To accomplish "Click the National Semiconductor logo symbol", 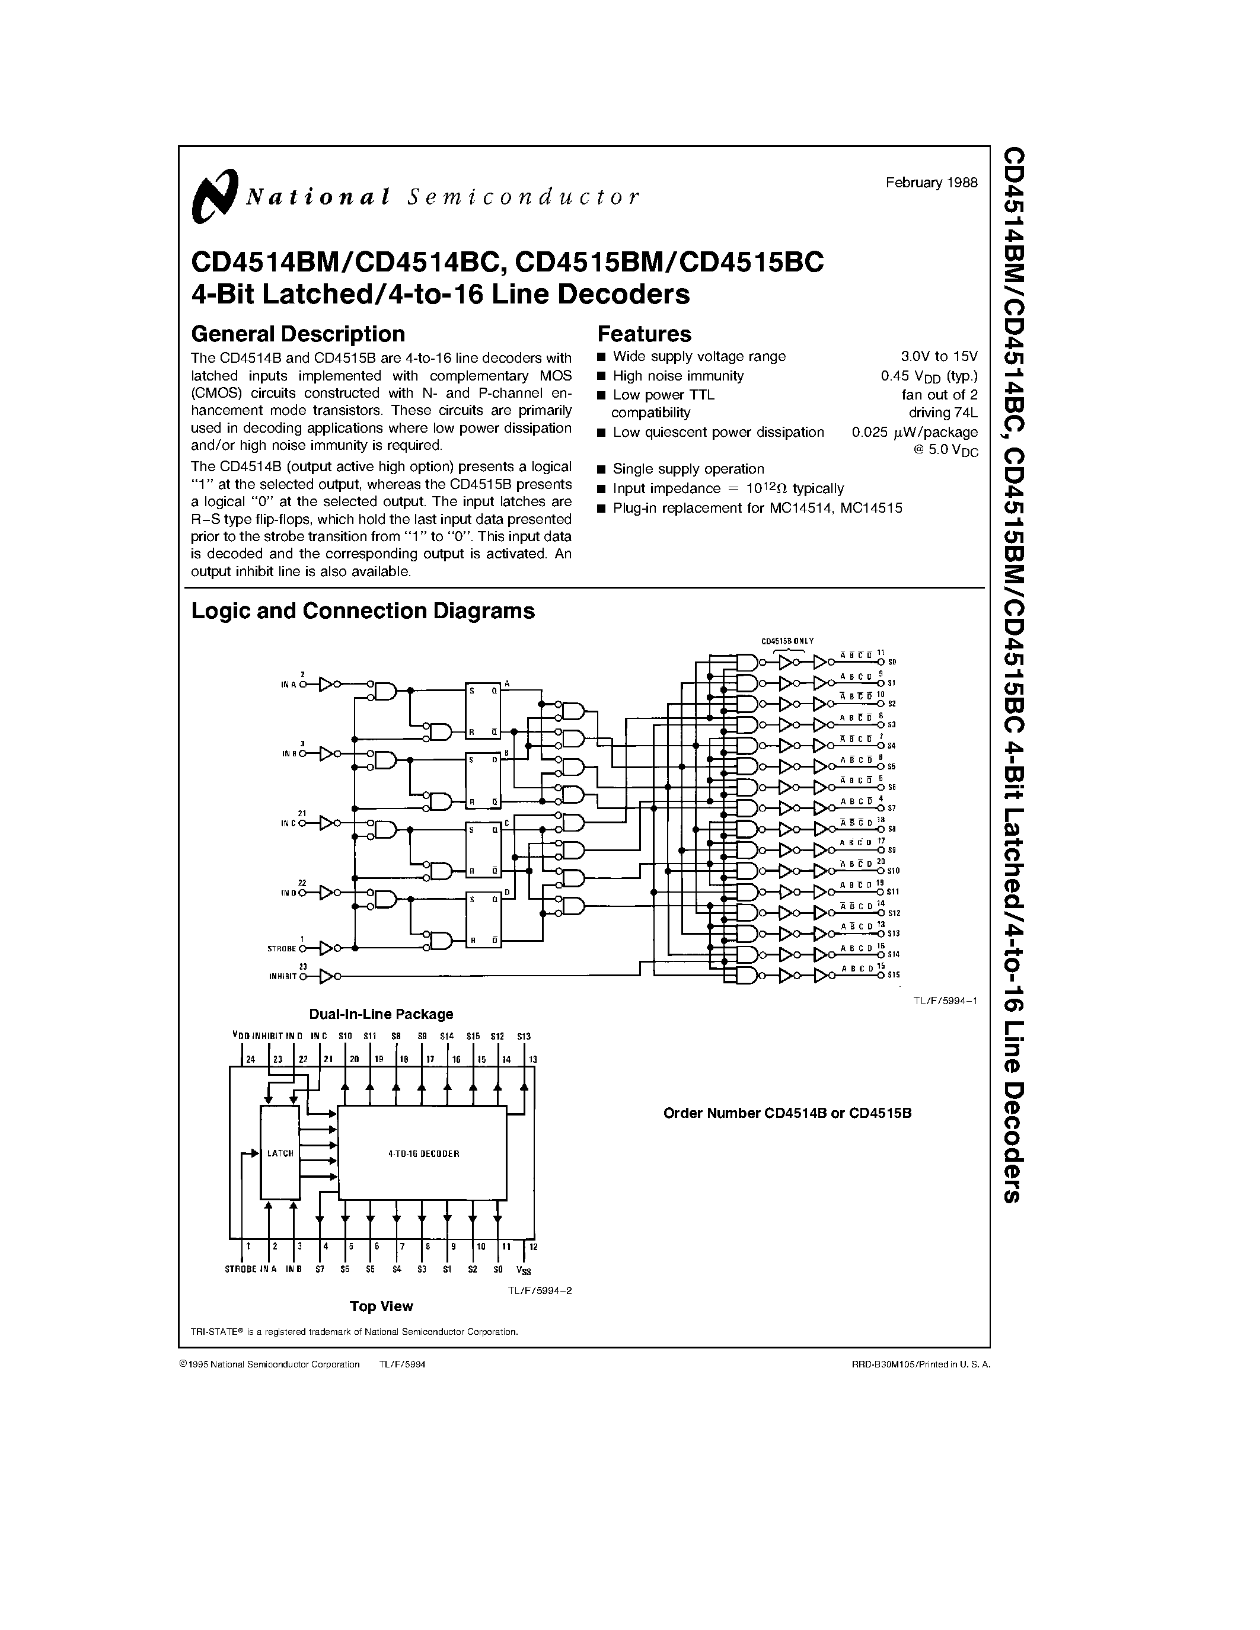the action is click(214, 196).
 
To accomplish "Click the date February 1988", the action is click(931, 183).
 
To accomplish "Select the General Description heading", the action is click(298, 334).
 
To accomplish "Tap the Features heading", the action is click(644, 334).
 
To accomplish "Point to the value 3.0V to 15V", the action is click(939, 357).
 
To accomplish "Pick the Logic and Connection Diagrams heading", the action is click(363, 611).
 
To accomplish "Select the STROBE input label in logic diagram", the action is click(282, 948).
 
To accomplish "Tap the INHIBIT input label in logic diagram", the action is click(283, 976).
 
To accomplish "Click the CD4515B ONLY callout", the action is click(787, 641).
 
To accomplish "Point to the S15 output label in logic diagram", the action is click(894, 974).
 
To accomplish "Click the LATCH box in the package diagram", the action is click(280, 1153).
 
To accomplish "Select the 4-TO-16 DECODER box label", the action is click(423, 1153).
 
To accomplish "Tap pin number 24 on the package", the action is click(249, 1059).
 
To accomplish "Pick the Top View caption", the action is click(381, 1306).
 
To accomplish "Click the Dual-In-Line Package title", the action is click(381, 1014).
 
